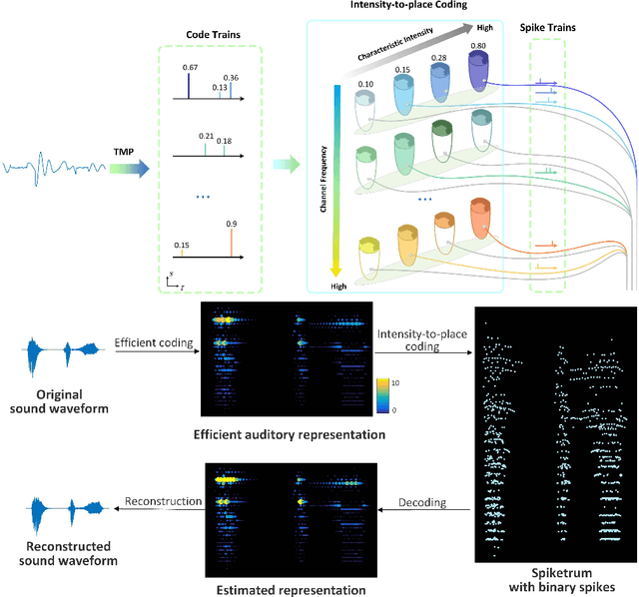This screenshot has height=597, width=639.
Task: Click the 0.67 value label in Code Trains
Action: pyautogui.click(x=189, y=66)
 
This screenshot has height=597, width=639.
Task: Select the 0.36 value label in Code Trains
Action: pyautogui.click(x=231, y=77)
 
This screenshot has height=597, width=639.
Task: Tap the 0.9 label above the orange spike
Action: pyautogui.click(x=232, y=224)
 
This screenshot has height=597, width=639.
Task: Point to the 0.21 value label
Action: pyautogui.click(x=207, y=136)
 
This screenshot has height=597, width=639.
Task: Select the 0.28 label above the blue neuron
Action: pyautogui.click(x=438, y=58)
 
